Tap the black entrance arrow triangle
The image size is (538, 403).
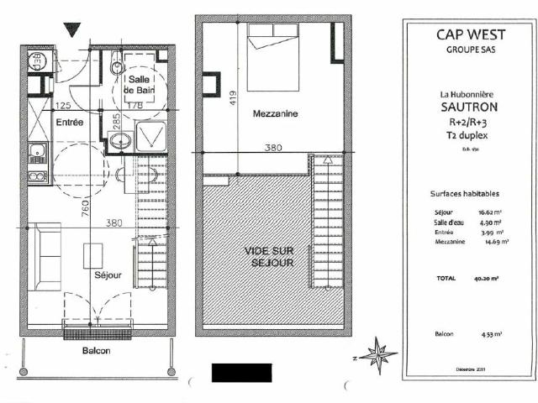(72, 30)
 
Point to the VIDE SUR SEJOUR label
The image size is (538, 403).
(269, 257)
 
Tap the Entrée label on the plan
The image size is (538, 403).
(70, 123)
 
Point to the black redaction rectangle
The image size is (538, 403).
(241, 373)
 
